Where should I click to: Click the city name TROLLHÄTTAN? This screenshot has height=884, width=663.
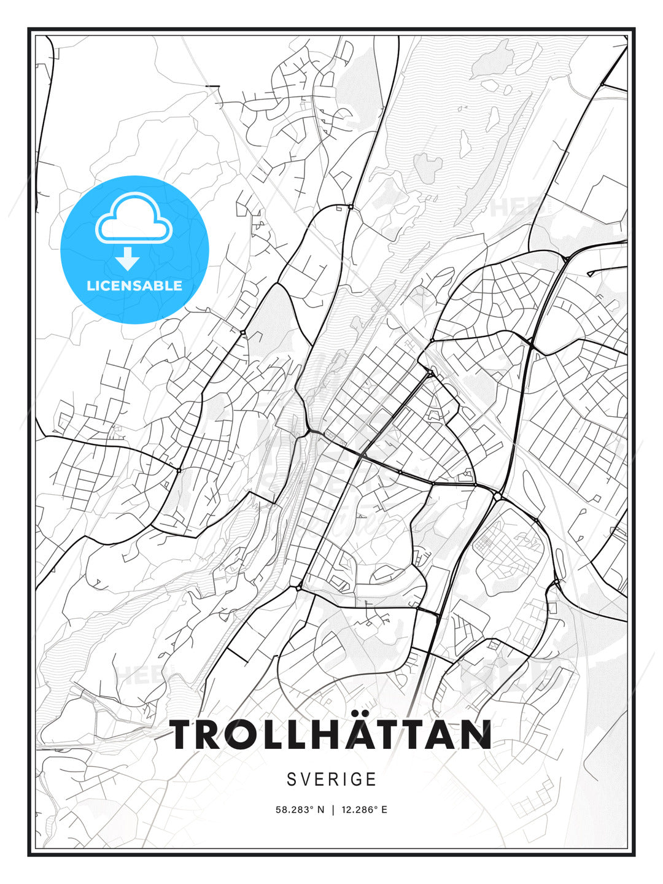[x=331, y=735]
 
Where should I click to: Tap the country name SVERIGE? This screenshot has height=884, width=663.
[x=331, y=779]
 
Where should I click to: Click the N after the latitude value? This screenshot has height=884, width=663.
[x=320, y=810]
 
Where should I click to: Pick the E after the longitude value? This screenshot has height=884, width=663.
[x=384, y=810]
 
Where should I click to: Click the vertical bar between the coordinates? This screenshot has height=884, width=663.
[x=333, y=810]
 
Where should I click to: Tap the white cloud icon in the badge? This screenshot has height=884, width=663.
[x=133, y=218]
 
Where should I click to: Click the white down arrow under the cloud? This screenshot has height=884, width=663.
[x=128, y=259]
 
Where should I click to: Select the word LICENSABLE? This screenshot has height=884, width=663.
[x=134, y=285]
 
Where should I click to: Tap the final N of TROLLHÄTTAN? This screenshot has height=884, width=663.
[x=475, y=735]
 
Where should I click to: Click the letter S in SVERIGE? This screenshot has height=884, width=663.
[x=292, y=779]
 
